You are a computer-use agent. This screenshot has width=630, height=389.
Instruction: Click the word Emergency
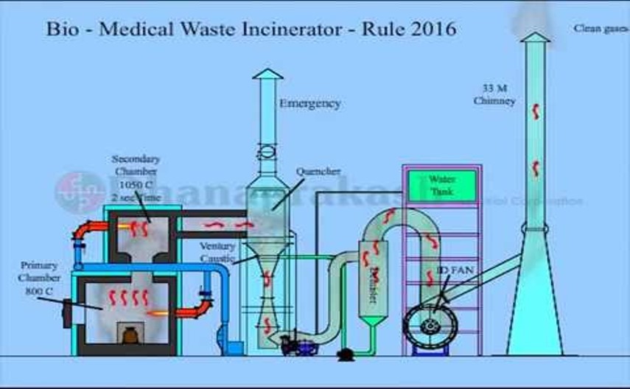coord(309,104)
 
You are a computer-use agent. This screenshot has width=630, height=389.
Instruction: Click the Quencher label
coord(318,172)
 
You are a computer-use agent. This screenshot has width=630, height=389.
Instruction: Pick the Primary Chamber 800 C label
coord(39,277)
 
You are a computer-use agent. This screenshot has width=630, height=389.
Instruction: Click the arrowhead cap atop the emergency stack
coord(267,74)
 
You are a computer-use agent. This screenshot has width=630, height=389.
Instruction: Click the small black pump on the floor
coord(345,355)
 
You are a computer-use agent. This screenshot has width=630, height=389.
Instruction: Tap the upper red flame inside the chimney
coord(536,111)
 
